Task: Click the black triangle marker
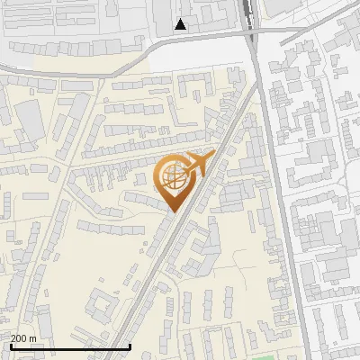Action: [x=181, y=24]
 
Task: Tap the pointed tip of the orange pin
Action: [x=171, y=212]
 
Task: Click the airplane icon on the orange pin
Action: [x=197, y=165]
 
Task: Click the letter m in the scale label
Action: [x=33, y=337]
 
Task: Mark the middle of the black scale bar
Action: [x=70, y=346]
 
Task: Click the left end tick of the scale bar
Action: [x=11, y=346]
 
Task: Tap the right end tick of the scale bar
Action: [x=130, y=346]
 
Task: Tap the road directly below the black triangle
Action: [x=180, y=40]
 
